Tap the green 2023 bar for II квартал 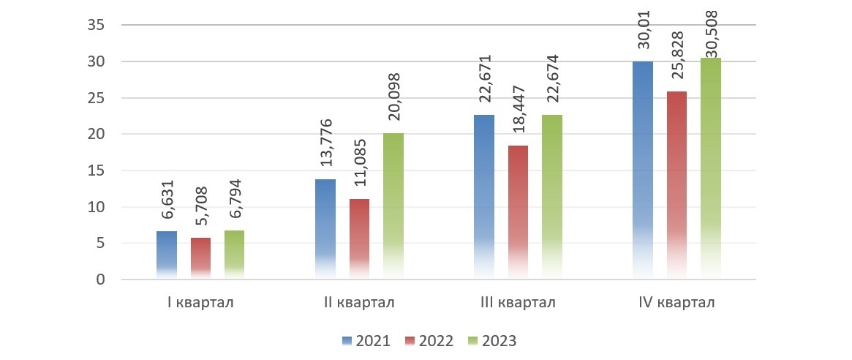coord(393,206)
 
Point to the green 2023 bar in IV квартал coord(711,168)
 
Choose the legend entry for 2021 coord(366,341)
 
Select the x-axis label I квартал coord(200,303)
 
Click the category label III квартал coord(518,303)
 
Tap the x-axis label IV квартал coord(676,303)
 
